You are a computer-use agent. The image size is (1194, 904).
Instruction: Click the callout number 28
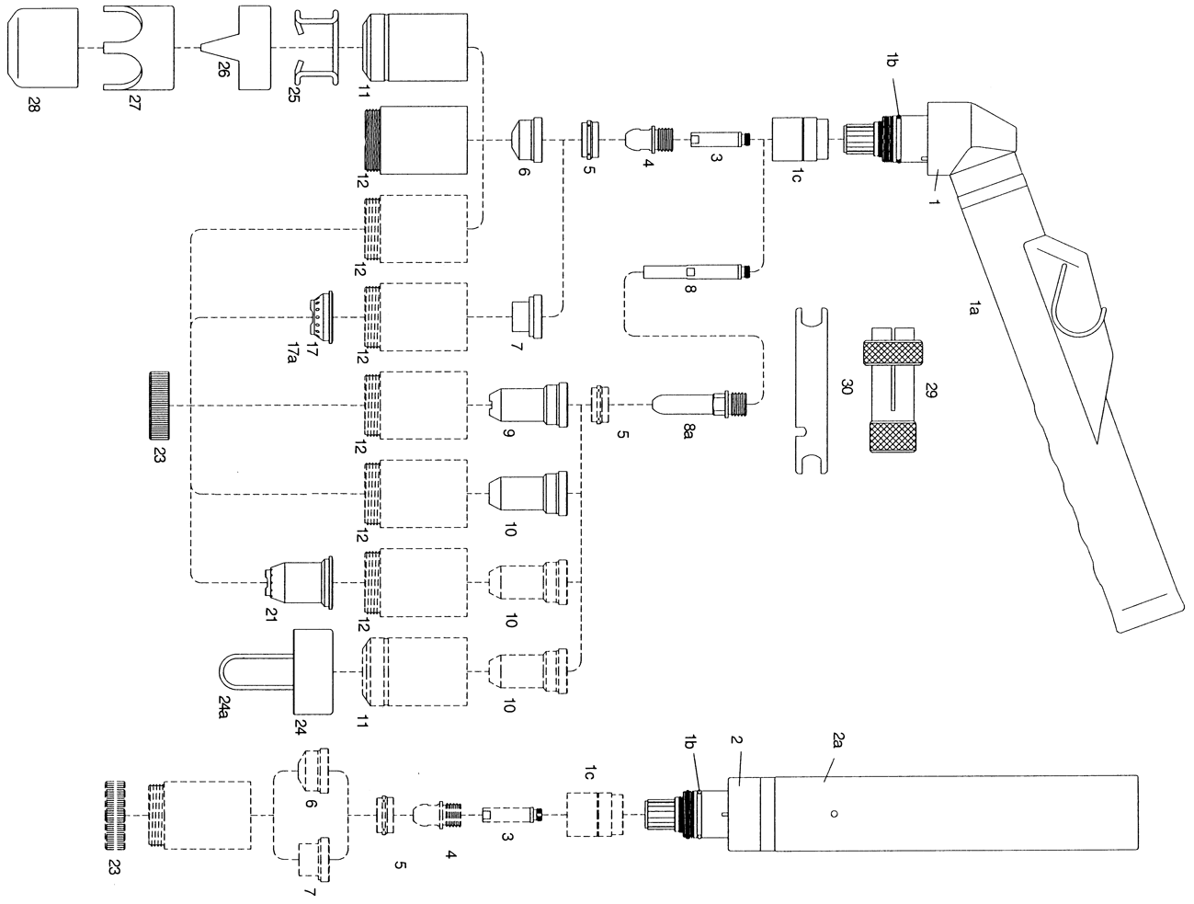[34, 104]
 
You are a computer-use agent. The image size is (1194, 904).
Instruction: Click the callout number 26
[223, 69]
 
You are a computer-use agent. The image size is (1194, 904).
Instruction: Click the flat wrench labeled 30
[811, 391]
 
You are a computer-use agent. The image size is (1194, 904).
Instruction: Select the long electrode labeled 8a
[701, 406]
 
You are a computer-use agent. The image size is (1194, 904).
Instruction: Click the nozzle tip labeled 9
[529, 406]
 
